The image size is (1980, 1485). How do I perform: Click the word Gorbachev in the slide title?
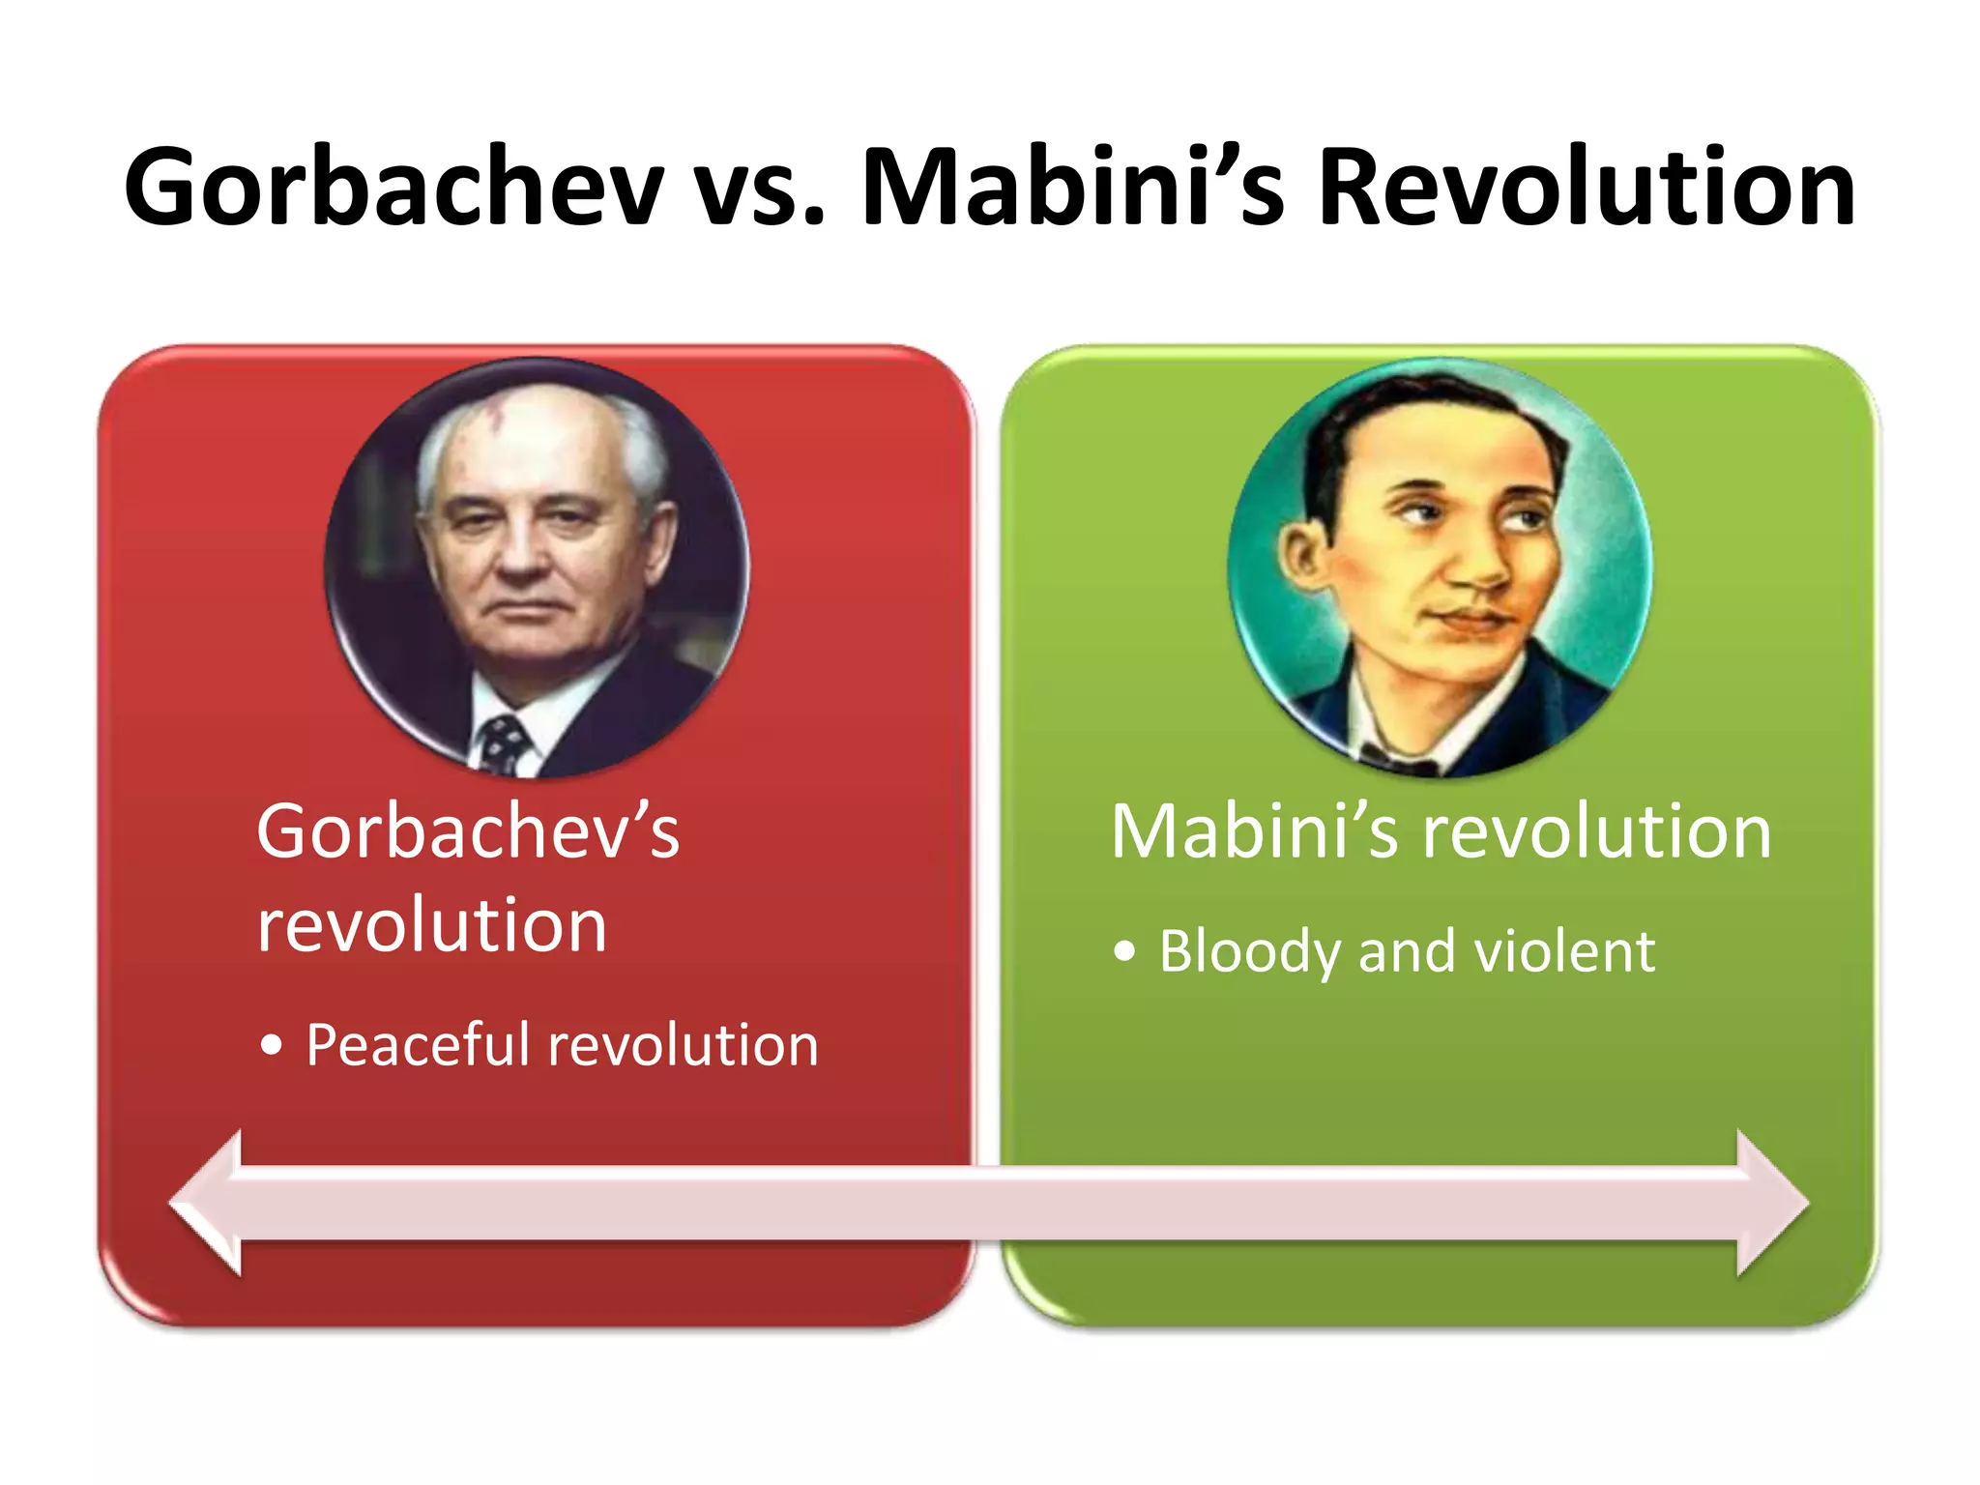click(394, 187)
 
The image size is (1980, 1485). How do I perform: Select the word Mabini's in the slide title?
click(1072, 187)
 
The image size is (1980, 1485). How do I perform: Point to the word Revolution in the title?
click(1587, 187)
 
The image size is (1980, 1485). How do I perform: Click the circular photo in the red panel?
click(537, 568)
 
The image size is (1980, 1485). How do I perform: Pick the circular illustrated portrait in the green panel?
click(1440, 568)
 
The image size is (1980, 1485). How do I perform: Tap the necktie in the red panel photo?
click(504, 744)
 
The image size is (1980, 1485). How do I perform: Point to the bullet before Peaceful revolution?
click(272, 1046)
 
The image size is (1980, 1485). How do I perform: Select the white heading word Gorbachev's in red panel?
click(468, 831)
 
